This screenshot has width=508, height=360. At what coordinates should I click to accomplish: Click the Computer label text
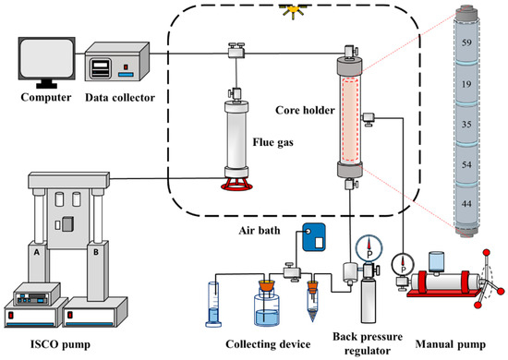click(45, 97)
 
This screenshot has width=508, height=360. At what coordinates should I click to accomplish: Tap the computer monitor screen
click(47, 58)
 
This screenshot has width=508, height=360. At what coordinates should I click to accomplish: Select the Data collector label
click(120, 98)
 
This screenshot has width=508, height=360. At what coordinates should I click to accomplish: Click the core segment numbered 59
click(466, 42)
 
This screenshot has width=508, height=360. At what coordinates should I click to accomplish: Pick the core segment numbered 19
click(466, 84)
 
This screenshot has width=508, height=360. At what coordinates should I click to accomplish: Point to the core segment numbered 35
click(466, 124)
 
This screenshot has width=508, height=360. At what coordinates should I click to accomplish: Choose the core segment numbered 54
click(466, 164)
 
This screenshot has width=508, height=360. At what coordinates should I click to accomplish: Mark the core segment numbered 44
click(466, 204)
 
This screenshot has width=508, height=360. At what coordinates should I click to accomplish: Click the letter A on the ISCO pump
click(37, 252)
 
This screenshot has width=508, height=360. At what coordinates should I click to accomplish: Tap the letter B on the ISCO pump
click(95, 252)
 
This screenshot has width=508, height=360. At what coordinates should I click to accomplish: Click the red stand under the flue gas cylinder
click(236, 184)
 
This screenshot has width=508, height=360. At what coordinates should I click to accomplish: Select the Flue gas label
click(273, 142)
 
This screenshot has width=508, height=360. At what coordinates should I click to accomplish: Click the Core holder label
click(305, 110)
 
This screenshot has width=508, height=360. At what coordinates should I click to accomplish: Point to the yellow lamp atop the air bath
click(293, 12)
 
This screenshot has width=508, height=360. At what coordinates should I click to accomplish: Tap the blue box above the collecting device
click(314, 236)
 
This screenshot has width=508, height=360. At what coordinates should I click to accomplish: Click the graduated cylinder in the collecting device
click(213, 305)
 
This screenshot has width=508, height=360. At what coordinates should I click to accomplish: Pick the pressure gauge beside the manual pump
click(403, 265)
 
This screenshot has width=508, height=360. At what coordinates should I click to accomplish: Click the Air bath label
click(260, 231)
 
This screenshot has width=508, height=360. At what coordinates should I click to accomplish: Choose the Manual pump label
click(451, 344)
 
